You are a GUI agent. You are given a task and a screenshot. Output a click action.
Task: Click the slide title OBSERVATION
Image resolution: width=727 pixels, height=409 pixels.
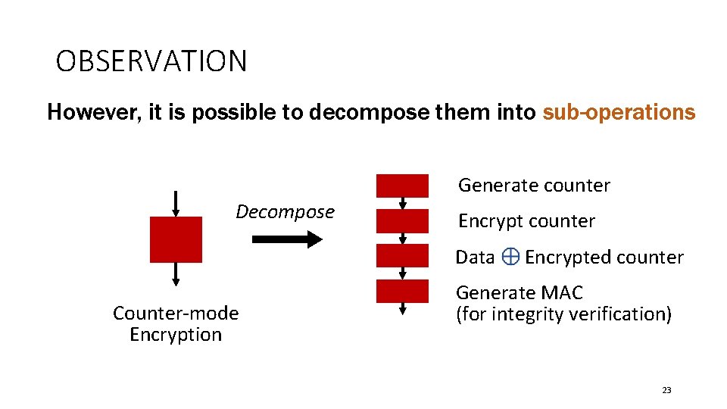click(x=151, y=61)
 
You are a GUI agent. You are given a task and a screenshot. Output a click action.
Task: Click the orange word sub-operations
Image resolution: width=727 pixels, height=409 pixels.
click(x=619, y=113)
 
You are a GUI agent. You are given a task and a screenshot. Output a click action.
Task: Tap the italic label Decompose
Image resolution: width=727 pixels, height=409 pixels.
click(x=285, y=212)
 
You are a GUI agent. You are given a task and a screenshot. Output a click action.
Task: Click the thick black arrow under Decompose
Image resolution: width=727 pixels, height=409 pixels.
click(x=286, y=239)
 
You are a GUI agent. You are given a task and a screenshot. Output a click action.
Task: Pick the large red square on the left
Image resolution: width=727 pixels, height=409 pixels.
click(x=176, y=239)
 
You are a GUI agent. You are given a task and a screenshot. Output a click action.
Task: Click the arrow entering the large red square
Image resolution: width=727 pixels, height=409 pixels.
click(x=176, y=203)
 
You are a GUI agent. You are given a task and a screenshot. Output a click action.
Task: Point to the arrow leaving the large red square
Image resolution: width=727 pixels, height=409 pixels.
click(x=176, y=273)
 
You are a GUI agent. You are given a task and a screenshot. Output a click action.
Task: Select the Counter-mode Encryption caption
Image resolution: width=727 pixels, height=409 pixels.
click(x=176, y=324)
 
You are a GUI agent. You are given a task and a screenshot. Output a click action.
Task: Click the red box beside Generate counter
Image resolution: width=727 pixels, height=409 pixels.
click(x=402, y=186)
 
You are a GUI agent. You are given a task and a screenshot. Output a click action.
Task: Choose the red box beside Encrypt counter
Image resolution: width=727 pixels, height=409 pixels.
click(x=402, y=221)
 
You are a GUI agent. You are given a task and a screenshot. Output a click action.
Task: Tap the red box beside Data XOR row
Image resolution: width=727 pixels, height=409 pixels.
click(x=402, y=256)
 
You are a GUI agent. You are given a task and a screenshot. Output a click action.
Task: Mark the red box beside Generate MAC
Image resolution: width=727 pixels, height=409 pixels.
click(x=402, y=292)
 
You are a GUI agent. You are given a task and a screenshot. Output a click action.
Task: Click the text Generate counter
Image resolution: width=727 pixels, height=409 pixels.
click(x=534, y=186)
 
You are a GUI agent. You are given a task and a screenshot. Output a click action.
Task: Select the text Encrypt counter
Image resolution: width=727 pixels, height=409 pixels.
click(x=526, y=221)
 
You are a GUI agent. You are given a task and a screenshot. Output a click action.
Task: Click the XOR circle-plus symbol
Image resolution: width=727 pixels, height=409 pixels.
click(x=510, y=258)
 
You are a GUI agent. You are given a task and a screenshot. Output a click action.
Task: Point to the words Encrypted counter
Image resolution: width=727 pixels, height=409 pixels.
click(x=604, y=258)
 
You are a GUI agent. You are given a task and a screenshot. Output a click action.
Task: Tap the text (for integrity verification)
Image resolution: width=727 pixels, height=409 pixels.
click(x=563, y=314)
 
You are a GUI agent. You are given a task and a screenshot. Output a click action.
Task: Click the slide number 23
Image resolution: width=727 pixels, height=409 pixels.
click(x=666, y=390)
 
